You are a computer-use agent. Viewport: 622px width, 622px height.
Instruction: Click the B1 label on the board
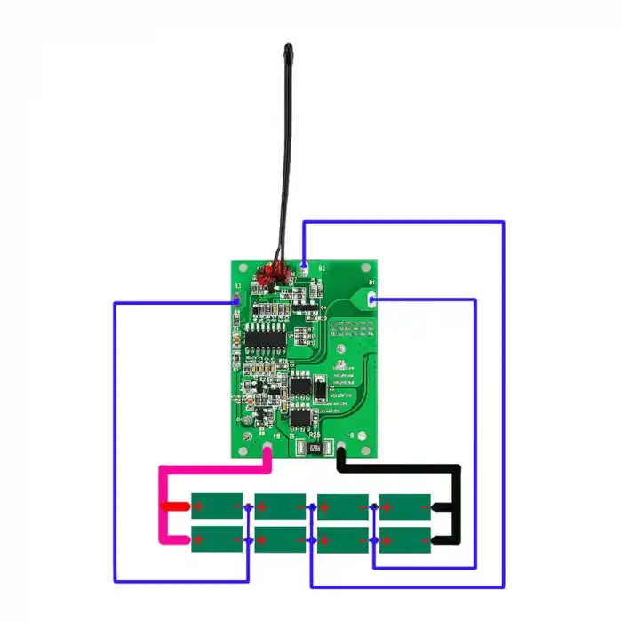371,282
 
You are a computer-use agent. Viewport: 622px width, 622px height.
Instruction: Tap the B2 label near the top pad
322,267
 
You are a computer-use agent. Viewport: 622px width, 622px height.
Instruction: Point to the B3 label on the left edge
237,286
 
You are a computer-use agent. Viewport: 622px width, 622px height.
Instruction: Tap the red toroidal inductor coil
274,275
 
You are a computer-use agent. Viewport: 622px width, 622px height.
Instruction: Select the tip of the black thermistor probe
288,46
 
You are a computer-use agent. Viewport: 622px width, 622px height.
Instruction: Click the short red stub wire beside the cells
174,507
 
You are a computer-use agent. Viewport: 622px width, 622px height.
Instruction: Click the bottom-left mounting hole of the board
241,449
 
